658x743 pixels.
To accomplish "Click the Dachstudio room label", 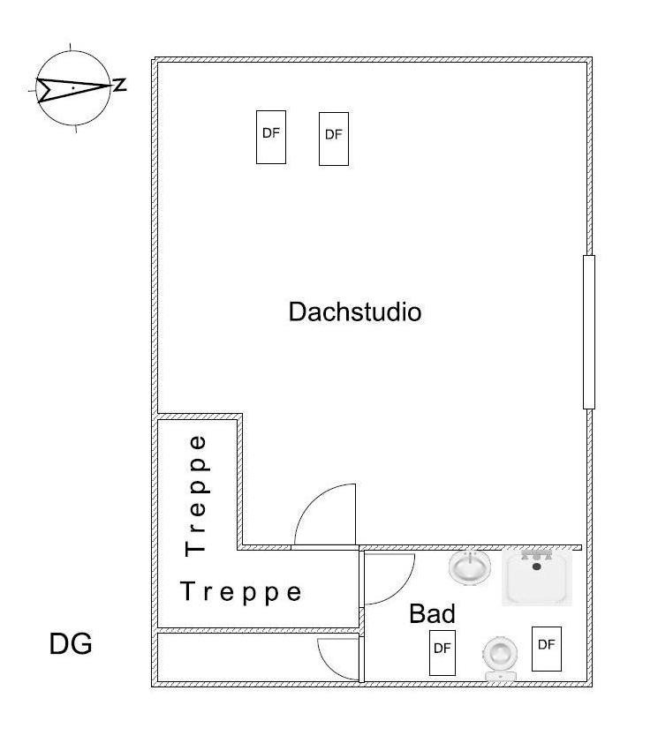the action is tap(355, 311).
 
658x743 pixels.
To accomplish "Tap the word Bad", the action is tap(432, 613).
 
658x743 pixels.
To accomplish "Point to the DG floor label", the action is tap(71, 644).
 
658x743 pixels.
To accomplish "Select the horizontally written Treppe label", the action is tap(241, 592).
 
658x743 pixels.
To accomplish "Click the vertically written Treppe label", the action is tap(196, 496).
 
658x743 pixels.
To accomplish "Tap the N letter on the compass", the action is tap(119, 85).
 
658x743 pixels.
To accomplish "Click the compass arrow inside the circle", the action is tap(74, 87).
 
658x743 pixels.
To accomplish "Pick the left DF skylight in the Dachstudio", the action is tap(271, 137).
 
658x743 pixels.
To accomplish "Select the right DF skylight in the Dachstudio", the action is tap(334, 139).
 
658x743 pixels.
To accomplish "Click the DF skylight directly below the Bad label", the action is tap(442, 652).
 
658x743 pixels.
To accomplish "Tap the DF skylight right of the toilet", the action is tap(547, 649).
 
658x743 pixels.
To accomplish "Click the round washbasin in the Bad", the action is tap(470, 567).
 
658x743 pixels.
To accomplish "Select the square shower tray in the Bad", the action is tap(537, 577).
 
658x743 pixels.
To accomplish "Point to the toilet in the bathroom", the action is tap(501, 659).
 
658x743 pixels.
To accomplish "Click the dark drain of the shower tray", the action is tap(537, 566).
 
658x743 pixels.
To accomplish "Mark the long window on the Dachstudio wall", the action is tap(589, 332).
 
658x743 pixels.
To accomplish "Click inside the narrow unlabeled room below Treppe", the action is tap(238, 657).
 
